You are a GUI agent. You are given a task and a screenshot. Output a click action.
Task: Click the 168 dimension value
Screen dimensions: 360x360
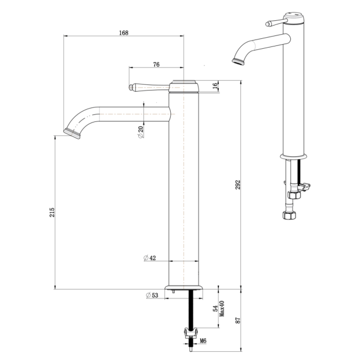point(124,33)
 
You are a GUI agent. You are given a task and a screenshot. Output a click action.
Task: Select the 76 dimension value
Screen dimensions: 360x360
point(156,64)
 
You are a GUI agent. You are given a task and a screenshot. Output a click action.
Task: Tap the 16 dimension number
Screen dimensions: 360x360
point(215,86)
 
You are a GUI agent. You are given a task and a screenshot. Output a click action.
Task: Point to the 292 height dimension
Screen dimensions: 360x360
point(238,185)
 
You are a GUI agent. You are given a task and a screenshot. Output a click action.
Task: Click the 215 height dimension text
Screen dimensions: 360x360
point(52,213)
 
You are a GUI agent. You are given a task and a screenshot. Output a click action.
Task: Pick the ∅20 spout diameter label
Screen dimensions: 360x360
point(141,132)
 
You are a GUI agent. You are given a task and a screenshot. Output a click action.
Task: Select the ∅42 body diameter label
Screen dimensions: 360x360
point(150,258)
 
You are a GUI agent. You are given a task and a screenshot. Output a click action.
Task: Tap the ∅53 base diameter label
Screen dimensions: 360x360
point(152,295)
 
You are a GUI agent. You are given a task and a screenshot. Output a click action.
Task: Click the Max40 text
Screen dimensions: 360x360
point(222,308)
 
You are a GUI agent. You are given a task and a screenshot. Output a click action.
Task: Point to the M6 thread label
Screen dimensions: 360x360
point(203,341)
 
